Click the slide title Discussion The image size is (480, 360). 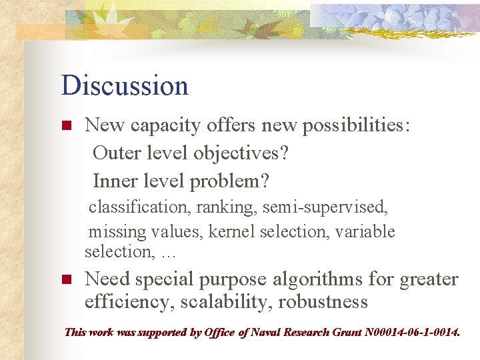pos(125,86)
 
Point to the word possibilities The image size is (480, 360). pos(357,125)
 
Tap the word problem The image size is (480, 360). pos(240,181)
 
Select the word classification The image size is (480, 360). pos(140,207)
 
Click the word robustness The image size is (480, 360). pos(323,302)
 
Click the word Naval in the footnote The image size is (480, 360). pos(265,332)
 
